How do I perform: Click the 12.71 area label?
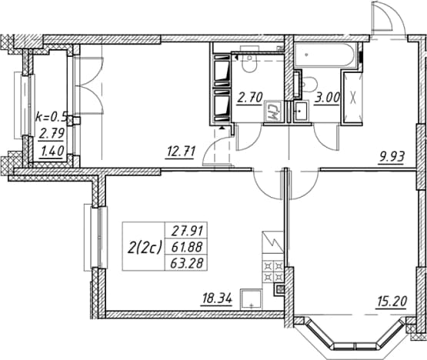pos(181,152)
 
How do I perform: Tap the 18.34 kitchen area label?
pos(217,299)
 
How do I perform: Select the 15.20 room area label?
pos(392,302)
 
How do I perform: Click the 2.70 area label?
pos(250,98)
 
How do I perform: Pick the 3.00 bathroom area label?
pos(327,98)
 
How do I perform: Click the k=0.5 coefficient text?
pos(52,117)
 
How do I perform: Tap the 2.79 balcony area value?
pos(52,133)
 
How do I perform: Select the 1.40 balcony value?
pos(52,151)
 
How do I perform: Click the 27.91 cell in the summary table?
pos(187,232)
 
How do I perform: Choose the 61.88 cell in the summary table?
pos(187,247)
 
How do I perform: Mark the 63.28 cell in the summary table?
pos(187,263)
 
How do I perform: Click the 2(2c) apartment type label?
pos(145,247)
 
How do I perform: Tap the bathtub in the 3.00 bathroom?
pos(326,55)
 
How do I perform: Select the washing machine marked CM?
pos(272,112)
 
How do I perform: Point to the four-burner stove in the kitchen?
pos(273,271)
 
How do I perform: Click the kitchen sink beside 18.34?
pos(251,299)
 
